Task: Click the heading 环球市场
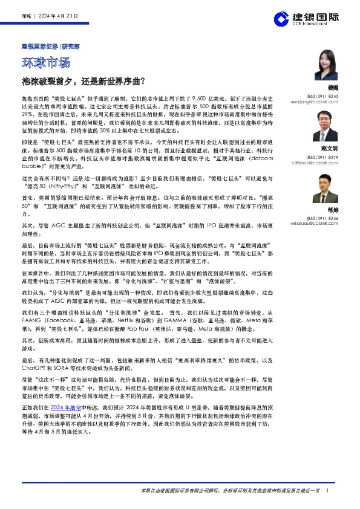pos(46,63)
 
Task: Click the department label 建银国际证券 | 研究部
pos(48,46)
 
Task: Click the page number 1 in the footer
pos(327,491)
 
